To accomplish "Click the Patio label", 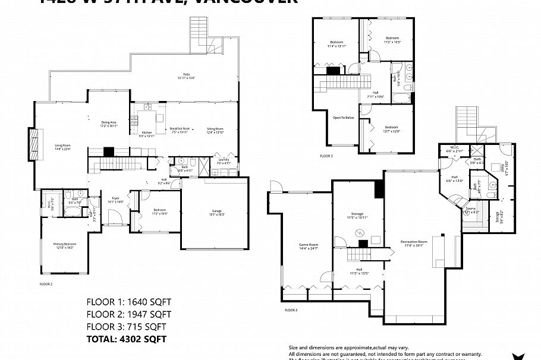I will click(185, 75).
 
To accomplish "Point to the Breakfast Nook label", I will click(179, 130).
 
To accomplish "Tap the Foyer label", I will click(115, 200).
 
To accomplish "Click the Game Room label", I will click(308, 246).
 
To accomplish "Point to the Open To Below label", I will click(343, 118).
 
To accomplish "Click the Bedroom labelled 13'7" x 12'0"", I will click(391, 129).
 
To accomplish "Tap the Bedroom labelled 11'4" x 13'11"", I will click(337, 43).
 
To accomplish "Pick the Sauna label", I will click(470, 210).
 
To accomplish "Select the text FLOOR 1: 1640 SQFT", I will click(128, 301).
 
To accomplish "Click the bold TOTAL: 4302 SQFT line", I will click(126, 339).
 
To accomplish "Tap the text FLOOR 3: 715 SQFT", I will click(126, 326).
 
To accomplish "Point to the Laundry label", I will click(224, 160).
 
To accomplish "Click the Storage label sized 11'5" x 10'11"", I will click(357, 216).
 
